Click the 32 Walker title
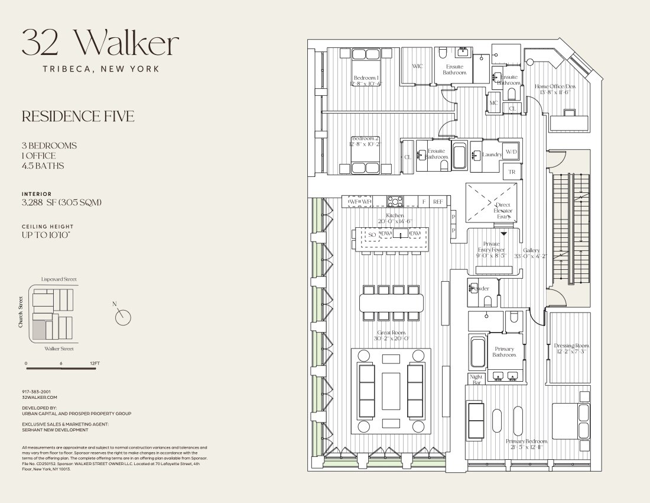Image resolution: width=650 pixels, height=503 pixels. (x=100, y=43)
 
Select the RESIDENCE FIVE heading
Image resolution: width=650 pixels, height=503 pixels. (x=78, y=117)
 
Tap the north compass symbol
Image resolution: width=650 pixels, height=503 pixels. (x=123, y=317)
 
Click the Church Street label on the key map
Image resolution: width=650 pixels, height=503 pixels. (x=20, y=312)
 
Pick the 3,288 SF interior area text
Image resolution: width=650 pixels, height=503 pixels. (x=61, y=202)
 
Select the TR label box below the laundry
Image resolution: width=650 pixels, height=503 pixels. (x=512, y=172)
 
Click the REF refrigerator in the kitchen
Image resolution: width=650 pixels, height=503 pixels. (x=438, y=202)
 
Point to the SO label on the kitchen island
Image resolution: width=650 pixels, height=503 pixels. (x=372, y=235)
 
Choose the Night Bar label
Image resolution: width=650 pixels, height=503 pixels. (x=476, y=379)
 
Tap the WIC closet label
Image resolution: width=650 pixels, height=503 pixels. (x=418, y=66)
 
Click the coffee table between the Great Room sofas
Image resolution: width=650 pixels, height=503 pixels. (x=391, y=390)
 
